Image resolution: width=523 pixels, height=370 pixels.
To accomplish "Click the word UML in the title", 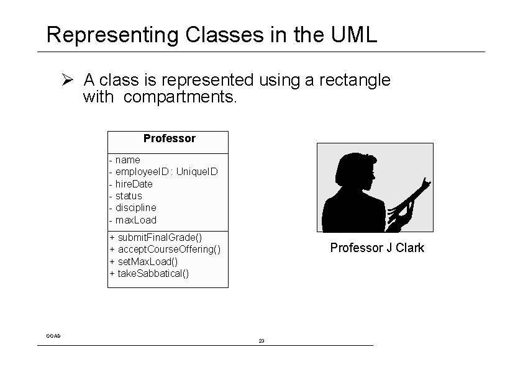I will (355, 35).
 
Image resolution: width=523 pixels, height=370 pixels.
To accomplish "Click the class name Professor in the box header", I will (169, 138).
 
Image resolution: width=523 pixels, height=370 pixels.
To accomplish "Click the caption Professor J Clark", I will (377, 248).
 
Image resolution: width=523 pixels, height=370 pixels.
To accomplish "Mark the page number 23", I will (261, 341).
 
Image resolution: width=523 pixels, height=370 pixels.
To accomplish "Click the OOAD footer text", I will (53, 336).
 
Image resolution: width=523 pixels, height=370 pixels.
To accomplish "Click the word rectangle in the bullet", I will (356, 81).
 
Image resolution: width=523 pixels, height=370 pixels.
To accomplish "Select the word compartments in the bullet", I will (181, 97).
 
